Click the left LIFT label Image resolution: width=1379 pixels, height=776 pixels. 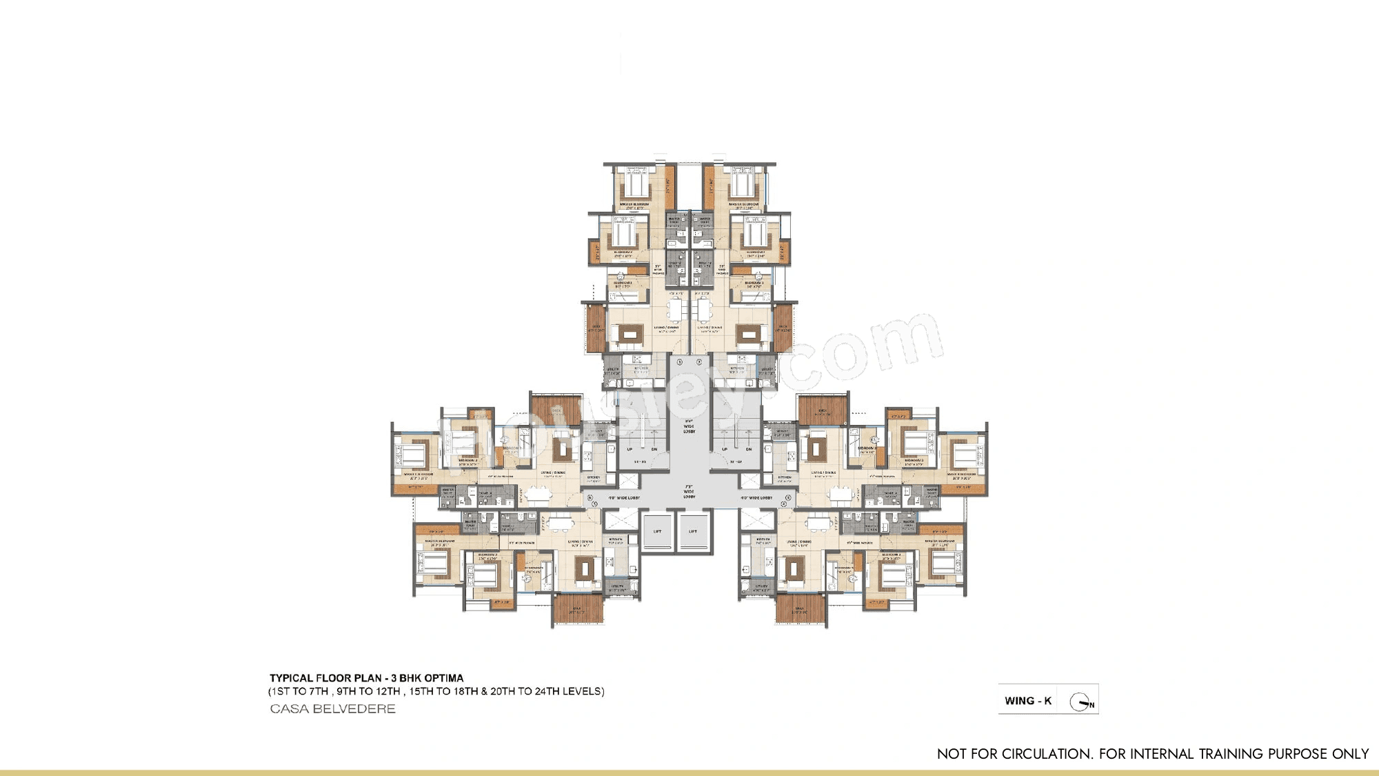657,531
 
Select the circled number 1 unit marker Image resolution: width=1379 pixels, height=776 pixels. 679,362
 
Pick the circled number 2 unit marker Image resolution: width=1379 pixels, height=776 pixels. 699,362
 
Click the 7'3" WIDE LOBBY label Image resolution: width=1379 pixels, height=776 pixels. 689,491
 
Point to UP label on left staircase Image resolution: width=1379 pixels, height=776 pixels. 630,449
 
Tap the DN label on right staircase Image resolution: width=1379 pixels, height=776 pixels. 749,449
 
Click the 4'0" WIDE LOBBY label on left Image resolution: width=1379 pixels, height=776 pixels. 623,497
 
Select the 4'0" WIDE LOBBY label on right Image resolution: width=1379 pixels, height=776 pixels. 756,497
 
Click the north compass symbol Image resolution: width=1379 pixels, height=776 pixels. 1080,702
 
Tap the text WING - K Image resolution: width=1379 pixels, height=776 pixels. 1027,701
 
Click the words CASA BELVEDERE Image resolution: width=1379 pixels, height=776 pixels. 332,709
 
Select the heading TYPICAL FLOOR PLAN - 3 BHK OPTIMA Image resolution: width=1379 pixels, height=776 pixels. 366,678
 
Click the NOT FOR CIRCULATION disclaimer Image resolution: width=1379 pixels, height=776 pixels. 1152,754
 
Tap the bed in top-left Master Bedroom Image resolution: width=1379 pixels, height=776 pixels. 636,185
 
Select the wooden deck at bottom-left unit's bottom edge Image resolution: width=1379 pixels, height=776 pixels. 578,610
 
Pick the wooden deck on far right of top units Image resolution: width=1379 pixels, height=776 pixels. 783,329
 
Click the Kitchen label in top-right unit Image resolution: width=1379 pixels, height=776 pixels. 737,368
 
